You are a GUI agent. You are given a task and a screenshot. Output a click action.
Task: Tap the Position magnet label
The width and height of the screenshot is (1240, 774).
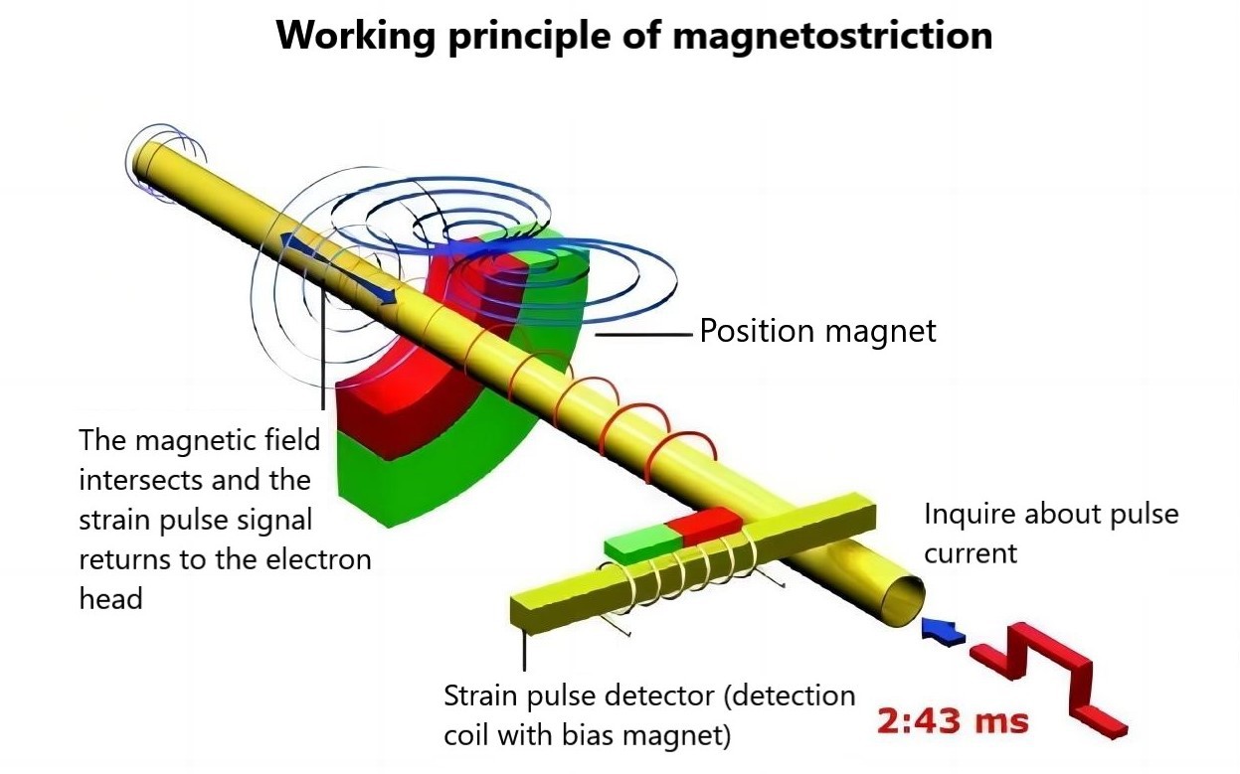(817, 331)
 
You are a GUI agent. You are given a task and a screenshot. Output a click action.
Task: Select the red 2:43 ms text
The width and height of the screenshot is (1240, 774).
(952, 720)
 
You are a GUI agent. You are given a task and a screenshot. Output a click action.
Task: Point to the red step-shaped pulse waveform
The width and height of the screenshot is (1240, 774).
(1049, 676)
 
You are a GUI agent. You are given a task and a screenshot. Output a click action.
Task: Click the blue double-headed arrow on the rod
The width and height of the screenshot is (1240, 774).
(338, 268)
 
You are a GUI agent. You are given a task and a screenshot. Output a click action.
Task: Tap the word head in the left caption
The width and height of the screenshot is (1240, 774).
(109, 598)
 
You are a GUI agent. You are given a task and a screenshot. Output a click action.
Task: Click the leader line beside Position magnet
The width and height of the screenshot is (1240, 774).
(643, 335)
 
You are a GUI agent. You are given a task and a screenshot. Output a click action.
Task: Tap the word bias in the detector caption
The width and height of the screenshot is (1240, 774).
(603, 737)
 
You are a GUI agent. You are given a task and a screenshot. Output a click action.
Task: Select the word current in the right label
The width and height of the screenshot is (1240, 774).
(971, 552)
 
